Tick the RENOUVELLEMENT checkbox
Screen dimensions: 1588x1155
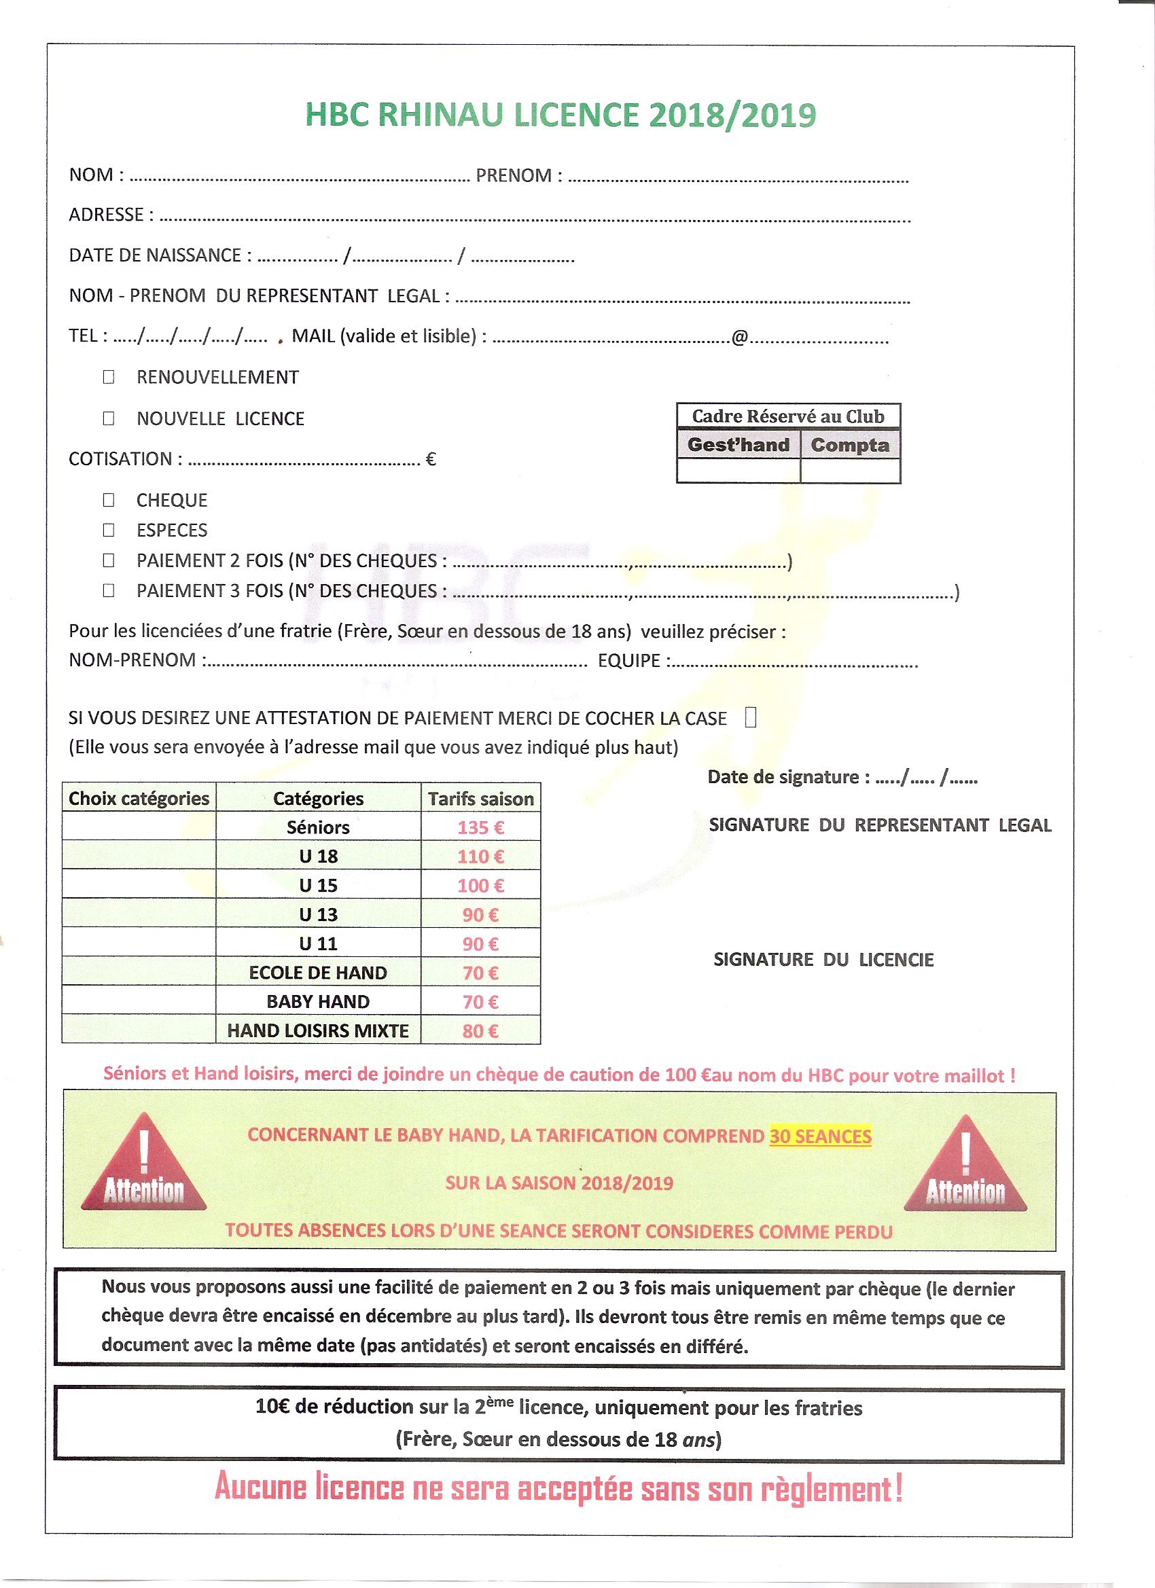(109, 378)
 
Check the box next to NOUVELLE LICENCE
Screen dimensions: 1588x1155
(109, 418)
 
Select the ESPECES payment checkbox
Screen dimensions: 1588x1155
(109, 530)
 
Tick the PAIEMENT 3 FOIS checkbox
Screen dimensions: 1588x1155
(109, 591)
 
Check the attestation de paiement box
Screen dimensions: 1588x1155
(750, 718)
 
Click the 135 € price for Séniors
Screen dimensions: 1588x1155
(480, 827)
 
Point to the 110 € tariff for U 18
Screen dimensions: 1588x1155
(480, 856)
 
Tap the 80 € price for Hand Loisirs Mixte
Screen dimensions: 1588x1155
(480, 1030)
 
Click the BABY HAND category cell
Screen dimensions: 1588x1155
(318, 1002)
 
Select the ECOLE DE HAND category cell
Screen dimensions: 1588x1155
(318, 973)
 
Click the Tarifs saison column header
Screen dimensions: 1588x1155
(480, 799)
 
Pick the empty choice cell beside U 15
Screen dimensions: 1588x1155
(139, 886)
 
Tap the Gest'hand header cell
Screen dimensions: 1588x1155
(739, 446)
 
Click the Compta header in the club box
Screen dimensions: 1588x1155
(850, 446)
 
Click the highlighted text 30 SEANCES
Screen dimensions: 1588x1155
(820, 1136)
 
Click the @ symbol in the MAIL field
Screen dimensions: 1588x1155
(740, 338)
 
